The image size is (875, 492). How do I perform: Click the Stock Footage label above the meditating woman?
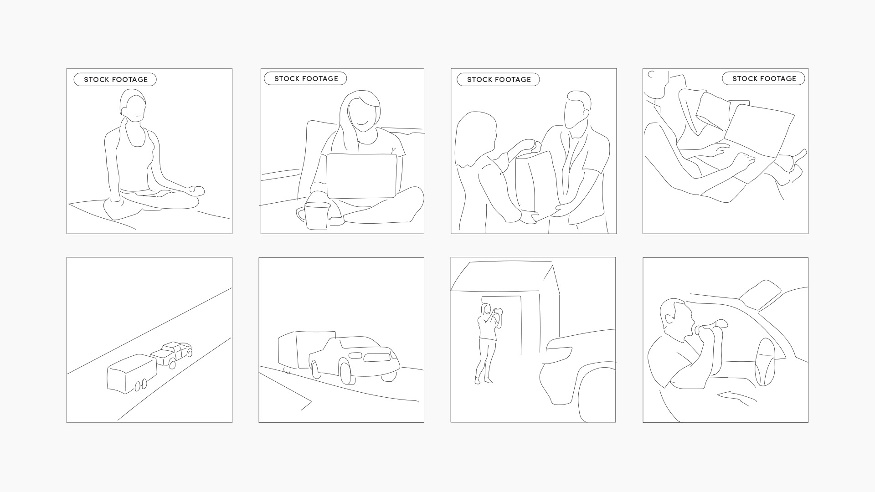[x=115, y=80]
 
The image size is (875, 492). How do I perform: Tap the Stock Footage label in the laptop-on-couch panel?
[x=305, y=79]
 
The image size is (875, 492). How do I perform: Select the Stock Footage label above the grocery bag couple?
[x=498, y=80]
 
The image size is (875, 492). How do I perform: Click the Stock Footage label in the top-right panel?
[x=763, y=79]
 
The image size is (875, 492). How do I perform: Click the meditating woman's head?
[x=133, y=106]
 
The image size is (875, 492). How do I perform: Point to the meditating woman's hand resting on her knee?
[x=197, y=190]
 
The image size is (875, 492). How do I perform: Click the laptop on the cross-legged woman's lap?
[x=361, y=176]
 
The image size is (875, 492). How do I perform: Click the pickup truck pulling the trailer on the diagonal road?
[x=172, y=354]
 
